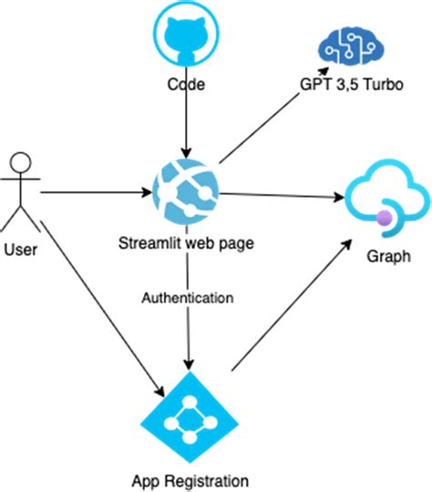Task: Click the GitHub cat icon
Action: click(x=186, y=37)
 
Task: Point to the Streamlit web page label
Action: click(x=186, y=243)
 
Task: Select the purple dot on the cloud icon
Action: click(x=385, y=217)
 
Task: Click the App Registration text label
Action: click(x=188, y=480)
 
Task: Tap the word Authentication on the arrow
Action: click(x=187, y=298)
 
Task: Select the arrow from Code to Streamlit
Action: click(x=186, y=123)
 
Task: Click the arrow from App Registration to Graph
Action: click(x=292, y=305)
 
